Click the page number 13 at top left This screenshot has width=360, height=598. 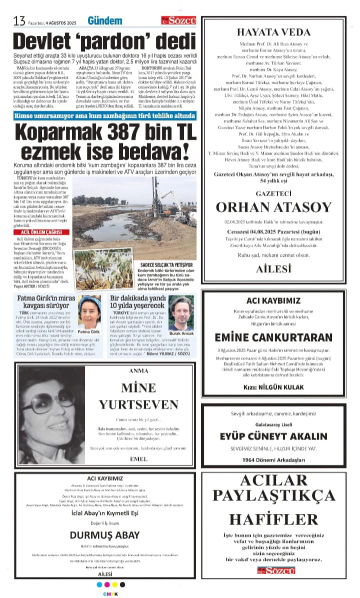coord(19,21)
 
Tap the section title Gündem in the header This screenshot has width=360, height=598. coord(104,21)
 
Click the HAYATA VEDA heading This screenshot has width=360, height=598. coord(273,32)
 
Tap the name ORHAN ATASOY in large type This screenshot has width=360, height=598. coord(273,207)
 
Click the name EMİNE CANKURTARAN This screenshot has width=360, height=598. coord(273,336)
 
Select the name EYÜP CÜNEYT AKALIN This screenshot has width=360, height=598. coord(273,436)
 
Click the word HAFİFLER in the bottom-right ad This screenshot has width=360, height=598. coord(273,518)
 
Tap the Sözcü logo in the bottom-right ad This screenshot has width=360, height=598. coord(273,570)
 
